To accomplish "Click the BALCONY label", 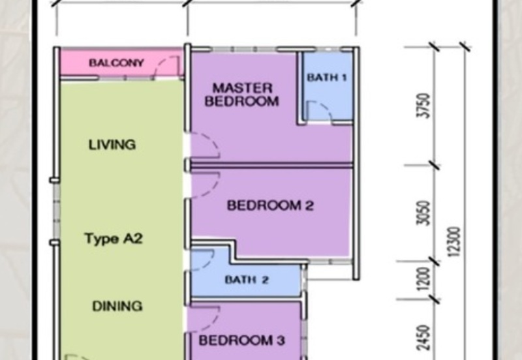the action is [116, 63].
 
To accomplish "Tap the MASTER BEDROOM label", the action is [241, 95].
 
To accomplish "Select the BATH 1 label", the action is [327, 77].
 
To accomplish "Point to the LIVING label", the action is [112, 145].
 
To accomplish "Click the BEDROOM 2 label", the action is [270, 205].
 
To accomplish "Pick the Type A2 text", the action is [114, 239].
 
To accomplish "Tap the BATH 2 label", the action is [247, 280].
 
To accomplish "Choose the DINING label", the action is [117, 306].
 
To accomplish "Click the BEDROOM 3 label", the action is [242, 340].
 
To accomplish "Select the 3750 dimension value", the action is [423, 106].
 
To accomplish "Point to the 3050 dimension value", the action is [423, 213].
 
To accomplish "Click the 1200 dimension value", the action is [423, 279].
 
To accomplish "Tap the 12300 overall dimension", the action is [454, 242].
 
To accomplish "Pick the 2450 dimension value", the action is [423, 338].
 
